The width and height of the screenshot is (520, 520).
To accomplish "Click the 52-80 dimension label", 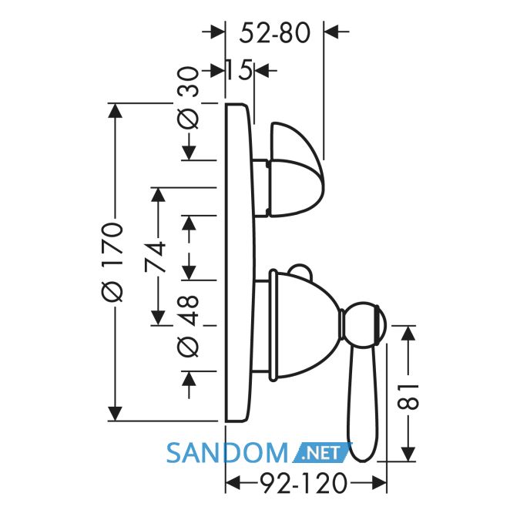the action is (x=274, y=32).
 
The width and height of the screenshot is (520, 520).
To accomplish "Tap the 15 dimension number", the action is (x=240, y=70).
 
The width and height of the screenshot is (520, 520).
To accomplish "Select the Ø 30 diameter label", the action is (x=188, y=97).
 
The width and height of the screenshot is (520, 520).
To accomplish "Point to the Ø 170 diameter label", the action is (x=113, y=262).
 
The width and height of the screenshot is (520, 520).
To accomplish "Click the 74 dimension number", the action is (x=155, y=257).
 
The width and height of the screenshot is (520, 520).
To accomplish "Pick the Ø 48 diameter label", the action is (x=188, y=327).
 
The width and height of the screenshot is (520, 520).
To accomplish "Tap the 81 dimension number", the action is (x=408, y=397).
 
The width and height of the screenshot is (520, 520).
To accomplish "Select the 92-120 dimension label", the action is (x=304, y=483).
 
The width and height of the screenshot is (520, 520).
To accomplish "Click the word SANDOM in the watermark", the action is (x=227, y=453).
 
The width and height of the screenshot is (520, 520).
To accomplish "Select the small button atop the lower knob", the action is (x=300, y=270).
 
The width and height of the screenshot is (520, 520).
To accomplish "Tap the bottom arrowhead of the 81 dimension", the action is (x=408, y=454).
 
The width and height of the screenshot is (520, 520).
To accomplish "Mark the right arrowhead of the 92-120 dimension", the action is (x=379, y=483).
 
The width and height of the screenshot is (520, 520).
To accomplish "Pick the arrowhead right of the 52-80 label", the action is (x=331, y=32).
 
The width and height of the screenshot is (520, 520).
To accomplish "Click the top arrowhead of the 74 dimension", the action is (x=158, y=195).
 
